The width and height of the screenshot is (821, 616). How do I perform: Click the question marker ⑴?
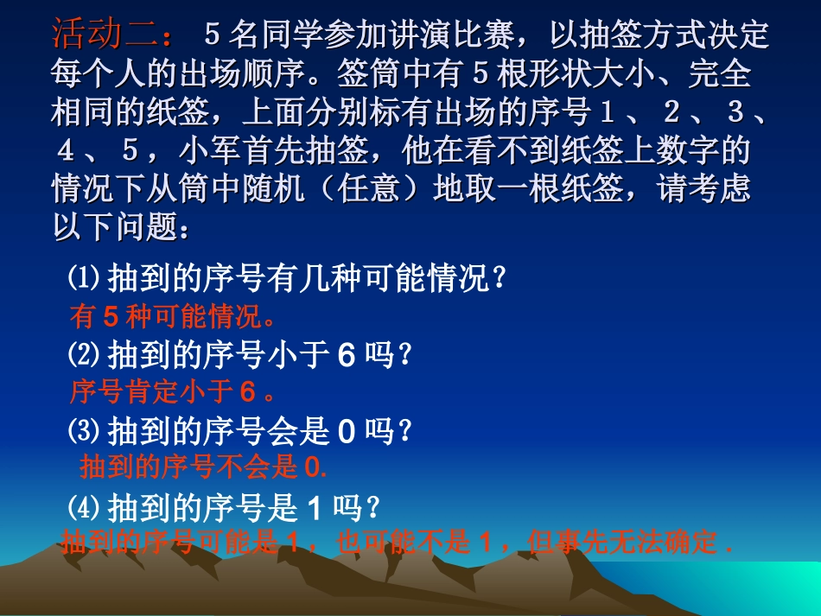pyautogui.click(x=86, y=279)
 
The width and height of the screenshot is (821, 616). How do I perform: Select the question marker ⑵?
pyautogui.click(x=86, y=354)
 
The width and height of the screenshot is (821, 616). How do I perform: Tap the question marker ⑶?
pyautogui.click(x=86, y=429)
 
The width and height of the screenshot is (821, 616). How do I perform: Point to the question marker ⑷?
pyautogui.click(x=86, y=505)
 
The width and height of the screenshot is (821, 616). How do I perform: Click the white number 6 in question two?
pyautogui.click(x=347, y=355)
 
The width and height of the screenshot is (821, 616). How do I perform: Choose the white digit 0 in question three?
pyautogui.click(x=347, y=430)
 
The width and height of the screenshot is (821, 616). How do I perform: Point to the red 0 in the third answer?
pyautogui.click(x=314, y=467)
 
